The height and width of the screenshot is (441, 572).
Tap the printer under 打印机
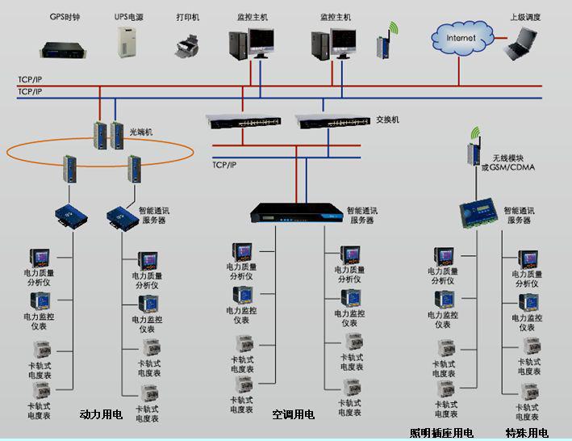187,45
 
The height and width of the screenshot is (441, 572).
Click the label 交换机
388,120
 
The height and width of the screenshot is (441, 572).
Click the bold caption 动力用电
101,414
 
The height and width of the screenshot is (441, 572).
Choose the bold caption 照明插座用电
441,433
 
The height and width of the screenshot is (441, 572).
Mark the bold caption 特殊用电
527,433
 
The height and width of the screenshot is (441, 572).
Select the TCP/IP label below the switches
224,165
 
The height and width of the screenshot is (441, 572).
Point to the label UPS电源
129,16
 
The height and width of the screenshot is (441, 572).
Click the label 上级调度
525,16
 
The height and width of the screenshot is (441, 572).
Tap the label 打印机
187,16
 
